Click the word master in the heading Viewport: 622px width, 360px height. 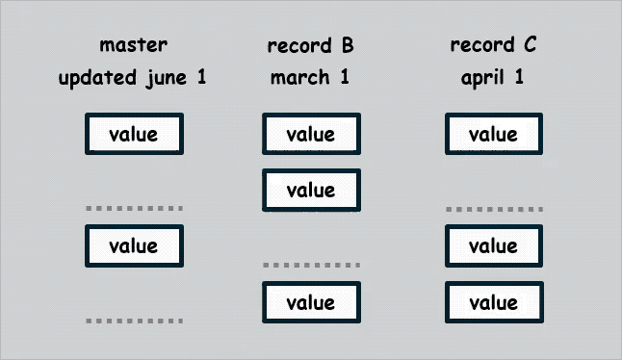[134, 45]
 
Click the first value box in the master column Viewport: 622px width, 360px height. [134, 134]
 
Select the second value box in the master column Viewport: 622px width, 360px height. [134, 245]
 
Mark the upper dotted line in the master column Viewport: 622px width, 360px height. [134, 208]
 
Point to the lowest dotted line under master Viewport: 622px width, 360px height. [134, 320]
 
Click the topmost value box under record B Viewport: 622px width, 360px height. [311, 134]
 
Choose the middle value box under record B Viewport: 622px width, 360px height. [311, 190]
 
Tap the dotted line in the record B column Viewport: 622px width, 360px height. [311, 264]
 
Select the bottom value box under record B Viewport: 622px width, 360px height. [311, 302]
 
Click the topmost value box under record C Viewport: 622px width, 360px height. [493, 134]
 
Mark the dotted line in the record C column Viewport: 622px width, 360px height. [493, 208]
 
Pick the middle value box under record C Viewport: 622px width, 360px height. [493, 245]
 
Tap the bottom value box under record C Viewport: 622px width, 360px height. [493, 302]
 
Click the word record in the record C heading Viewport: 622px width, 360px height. [479, 45]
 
